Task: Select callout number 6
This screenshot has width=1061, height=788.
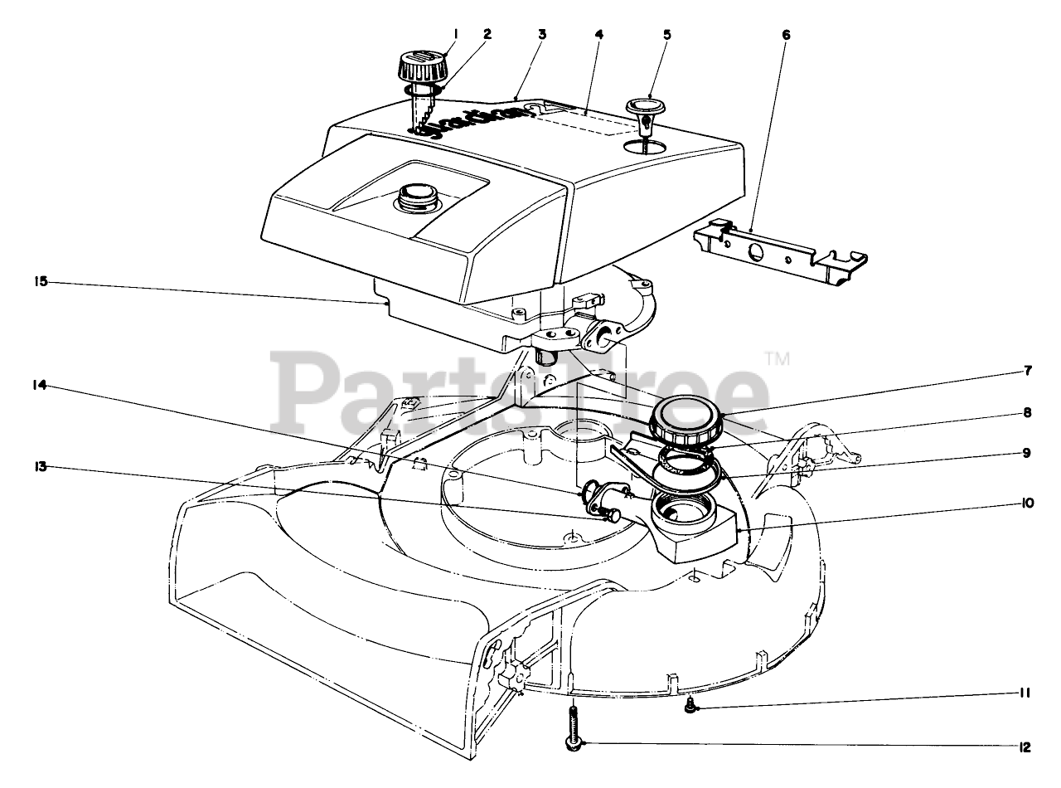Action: click(x=786, y=34)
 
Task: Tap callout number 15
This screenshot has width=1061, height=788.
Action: click(x=41, y=282)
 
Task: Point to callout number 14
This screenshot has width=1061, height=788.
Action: click(x=41, y=385)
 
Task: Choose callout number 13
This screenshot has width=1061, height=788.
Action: click(x=41, y=466)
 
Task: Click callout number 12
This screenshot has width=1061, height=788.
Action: click(x=1024, y=747)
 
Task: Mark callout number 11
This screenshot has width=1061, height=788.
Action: click(x=1025, y=693)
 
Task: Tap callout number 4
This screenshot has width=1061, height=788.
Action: click(x=598, y=34)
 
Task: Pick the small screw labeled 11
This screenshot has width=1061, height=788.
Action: click(x=690, y=705)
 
